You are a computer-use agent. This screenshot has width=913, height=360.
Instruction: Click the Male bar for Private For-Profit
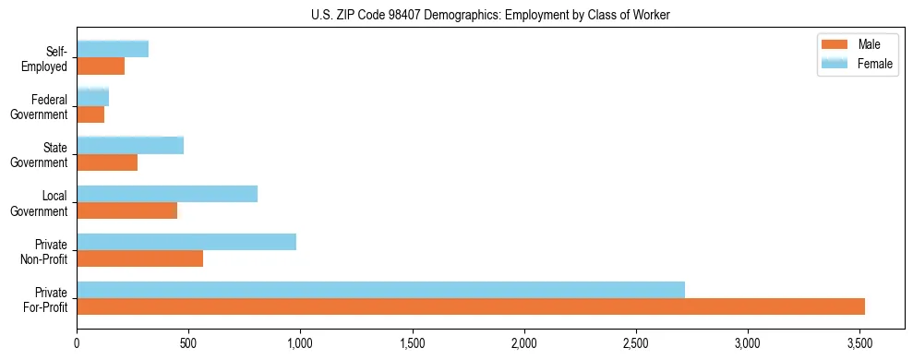pos(471,306)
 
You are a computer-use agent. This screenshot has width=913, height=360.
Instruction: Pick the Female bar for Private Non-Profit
pos(186,242)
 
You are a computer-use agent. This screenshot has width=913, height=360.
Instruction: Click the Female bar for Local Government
pos(167,194)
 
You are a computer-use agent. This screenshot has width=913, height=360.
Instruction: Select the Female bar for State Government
pos(130,146)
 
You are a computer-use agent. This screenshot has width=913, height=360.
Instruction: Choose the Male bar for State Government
pos(107,162)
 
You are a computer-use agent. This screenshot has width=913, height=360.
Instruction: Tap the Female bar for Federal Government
pos(92,98)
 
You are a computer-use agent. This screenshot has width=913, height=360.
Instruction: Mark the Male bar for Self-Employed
pos(101,66)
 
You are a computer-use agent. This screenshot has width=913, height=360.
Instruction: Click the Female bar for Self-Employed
pos(113,50)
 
